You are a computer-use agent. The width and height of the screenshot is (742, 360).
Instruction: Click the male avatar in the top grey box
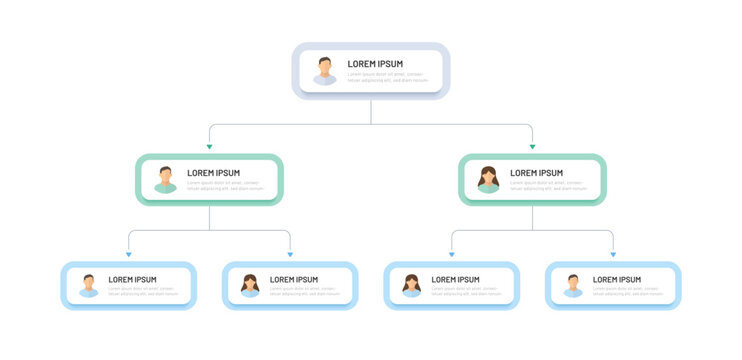pyautogui.click(x=325, y=71)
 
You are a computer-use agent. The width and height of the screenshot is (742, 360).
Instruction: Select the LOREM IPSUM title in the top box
pyautogui.click(x=375, y=64)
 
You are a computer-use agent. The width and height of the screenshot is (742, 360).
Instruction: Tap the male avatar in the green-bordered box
pyautogui.click(x=165, y=180)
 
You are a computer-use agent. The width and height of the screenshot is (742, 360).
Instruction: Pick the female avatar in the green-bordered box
pyautogui.click(x=488, y=180)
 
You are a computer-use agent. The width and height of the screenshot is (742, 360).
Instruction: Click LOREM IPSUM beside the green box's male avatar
pyautogui.click(x=213, y=173)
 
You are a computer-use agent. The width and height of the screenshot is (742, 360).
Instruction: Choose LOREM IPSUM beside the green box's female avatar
pyautogui.click(x=536, y=173)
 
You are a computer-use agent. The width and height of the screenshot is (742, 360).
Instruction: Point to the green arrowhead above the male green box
pyautogui.click(x=209, y=146)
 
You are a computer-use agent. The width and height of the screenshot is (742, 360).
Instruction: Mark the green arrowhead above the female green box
pyautogui.click(x=532, y=146)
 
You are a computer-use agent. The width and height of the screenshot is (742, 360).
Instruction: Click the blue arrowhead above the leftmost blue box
pyautogui.click(x=129, y=254)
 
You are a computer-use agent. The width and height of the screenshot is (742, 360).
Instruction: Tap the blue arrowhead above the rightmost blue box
pyautogui.click(x=613, y=254)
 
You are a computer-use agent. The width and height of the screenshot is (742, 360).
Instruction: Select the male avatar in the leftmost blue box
pyautogui.click(x=89, y=286)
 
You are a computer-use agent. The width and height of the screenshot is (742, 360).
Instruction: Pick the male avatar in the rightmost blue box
pyautogui.click(x=573, y=286)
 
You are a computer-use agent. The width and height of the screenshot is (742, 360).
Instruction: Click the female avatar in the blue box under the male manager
pyautogui.click(x=250, y=286)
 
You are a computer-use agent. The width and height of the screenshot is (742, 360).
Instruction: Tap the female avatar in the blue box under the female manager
pyautogui.click(x=411, y=286)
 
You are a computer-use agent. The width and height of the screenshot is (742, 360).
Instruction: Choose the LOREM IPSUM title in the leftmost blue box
pyautogui.click(x=132, y=280)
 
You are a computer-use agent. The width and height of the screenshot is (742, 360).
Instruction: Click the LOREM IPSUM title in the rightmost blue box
pyautogui.click(x=616, y=280)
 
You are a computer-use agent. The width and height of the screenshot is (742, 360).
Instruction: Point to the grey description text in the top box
pyautogui.click(x=386, y=77)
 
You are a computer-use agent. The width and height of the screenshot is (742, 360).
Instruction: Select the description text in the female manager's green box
pyautogui.click(x=547, y=185)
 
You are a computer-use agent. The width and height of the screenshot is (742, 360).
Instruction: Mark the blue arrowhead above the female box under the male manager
pyautogui.click(x=290, y=254)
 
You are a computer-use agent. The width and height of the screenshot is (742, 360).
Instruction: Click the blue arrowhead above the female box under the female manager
pyautogui.click(x=451, y=254)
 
